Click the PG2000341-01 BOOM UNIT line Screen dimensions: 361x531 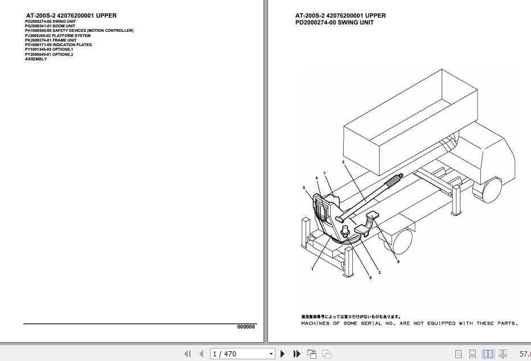[50, 26]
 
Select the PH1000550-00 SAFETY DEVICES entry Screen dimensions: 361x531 [79, 31]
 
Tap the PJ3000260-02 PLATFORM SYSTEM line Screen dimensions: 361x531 [57, 35]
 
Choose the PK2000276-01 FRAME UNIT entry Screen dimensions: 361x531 [51, 40]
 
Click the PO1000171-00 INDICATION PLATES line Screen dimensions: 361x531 [58, 44]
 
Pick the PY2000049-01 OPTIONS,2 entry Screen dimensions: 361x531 [49, 54]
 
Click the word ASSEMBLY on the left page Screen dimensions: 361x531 [36, 59]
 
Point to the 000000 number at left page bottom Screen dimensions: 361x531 [246, 327]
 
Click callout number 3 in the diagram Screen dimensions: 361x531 [343, 162]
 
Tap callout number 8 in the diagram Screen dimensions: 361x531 [398, 261]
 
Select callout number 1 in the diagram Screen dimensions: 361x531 [312, 268]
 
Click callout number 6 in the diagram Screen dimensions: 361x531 [370, 277]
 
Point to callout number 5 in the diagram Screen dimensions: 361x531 [304, 187]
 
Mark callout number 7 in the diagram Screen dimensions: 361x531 [324, 173]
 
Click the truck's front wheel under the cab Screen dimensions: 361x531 [488, 190]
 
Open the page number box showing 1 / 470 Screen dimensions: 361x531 [242, 354]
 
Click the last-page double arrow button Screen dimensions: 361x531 [297, 354]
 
